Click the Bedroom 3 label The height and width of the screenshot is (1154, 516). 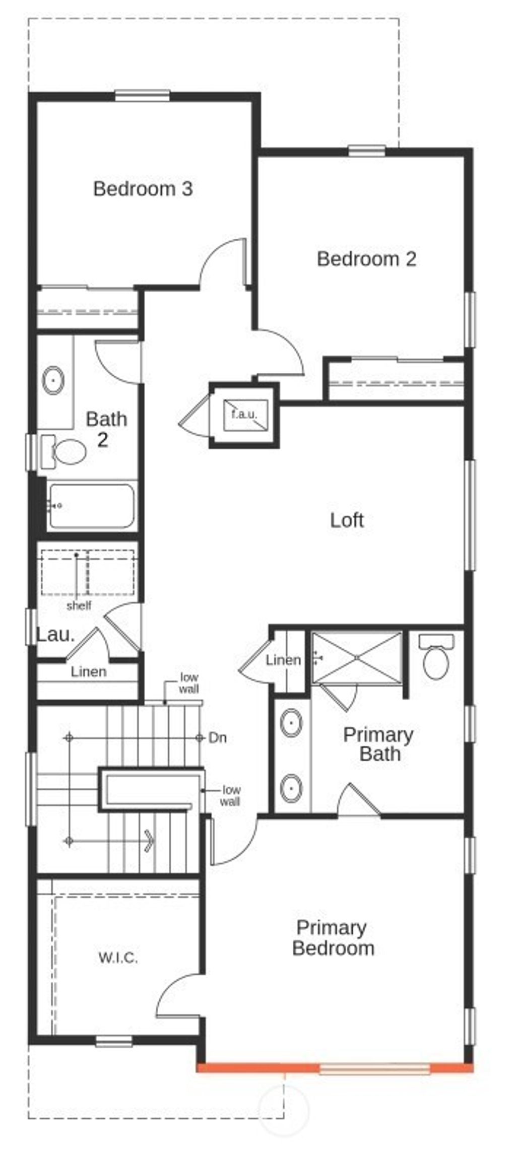(x=143, y=189)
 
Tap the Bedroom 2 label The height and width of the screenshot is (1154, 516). (x=366, y=259)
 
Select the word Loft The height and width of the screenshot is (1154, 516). (x=347, y=520)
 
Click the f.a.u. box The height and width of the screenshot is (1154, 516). (x=244, y=415)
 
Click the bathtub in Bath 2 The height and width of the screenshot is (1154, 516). (x=92, y=506)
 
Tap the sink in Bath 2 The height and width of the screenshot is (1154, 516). (x=52, y=381)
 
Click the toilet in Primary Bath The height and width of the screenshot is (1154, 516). (x=436, y=657)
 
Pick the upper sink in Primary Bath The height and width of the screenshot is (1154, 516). (x=291, y=723)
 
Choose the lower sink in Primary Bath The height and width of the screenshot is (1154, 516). (x=291, y=788)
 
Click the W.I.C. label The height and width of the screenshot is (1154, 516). (x=118, y=958)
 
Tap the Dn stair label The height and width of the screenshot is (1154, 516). (x=218, y=738)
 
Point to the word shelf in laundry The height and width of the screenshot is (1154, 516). (x=79, y=605)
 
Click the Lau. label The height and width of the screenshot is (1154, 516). (x=55, y=635)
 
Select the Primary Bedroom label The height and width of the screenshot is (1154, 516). (x=333, y=938)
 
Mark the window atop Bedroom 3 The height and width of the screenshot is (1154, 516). (x=142, y=95)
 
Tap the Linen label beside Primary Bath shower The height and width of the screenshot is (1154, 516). (x=283, y=660)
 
